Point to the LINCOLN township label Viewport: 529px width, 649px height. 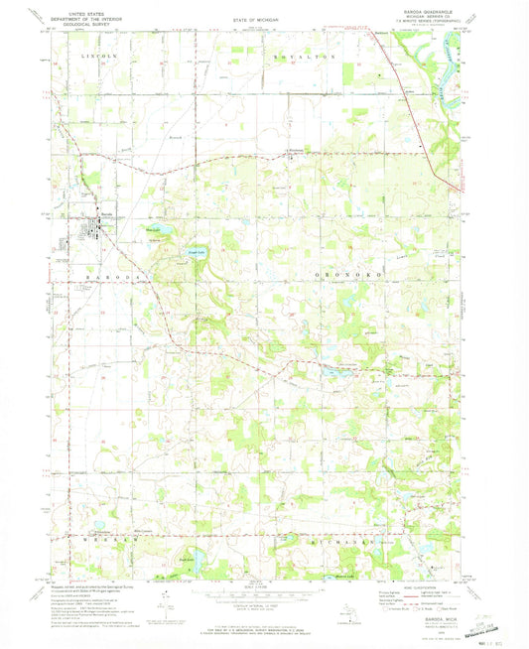pos(97,59)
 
